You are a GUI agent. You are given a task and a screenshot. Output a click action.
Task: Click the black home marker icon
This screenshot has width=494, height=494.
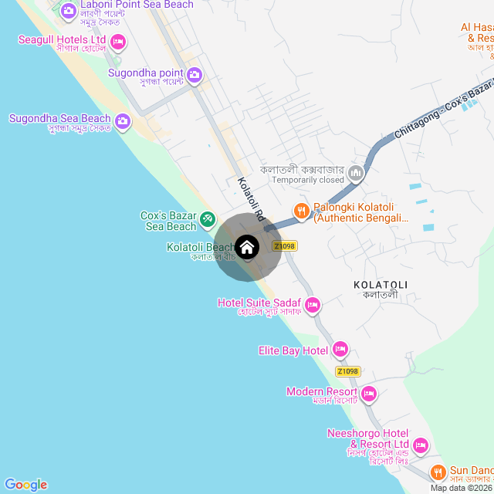point(247,247)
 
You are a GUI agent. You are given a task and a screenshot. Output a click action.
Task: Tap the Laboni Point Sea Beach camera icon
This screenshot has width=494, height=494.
point(68,10)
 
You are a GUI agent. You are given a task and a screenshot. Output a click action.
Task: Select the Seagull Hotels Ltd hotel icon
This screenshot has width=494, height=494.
point(117,39)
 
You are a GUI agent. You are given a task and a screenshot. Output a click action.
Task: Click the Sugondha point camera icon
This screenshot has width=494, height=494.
point(195,75)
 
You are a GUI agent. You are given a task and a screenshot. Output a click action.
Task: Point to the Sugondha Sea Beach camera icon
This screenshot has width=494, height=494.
point(123,121)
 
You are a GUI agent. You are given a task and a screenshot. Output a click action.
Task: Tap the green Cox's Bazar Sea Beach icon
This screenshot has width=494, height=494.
point(208,220)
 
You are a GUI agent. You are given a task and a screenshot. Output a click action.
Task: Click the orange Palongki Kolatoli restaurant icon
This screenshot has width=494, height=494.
point(301,210)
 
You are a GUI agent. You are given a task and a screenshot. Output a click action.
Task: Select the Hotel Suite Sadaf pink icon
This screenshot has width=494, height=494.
point(313,305)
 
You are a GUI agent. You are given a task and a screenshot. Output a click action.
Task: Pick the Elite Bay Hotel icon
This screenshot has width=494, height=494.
point(340,350)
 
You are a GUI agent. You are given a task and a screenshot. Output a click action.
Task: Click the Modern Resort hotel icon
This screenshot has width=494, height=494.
point(369,394)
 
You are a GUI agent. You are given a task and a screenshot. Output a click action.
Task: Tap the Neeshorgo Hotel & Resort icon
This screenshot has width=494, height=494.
point(421,445)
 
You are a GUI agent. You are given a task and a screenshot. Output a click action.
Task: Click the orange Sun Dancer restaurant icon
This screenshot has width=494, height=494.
point(438,471)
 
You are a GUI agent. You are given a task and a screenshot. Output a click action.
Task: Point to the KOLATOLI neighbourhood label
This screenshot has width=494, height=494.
point(380,285)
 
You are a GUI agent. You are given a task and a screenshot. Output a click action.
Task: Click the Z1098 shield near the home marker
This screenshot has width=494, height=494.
point(284,246)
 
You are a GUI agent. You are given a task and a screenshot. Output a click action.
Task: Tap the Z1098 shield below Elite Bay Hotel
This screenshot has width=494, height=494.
point(348,371)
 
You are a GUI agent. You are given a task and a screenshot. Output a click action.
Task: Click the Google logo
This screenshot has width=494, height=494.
point(25,484)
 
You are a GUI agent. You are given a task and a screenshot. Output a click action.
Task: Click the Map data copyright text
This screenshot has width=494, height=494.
point(461,488)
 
